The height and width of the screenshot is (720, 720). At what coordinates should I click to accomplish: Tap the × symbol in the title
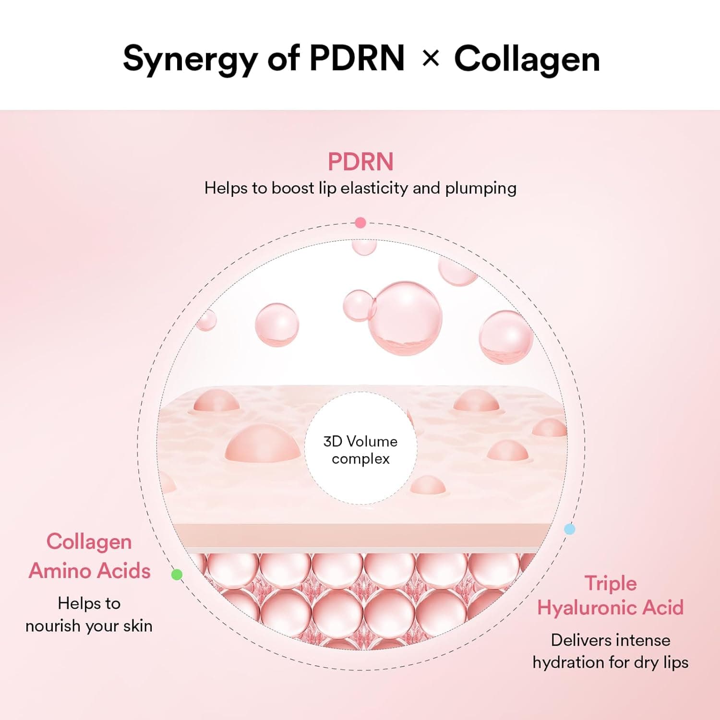[x=431, y=59]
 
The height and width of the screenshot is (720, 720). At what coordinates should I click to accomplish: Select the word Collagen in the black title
[x=527, y=59]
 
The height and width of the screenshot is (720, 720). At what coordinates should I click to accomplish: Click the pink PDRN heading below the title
[x=360, y=162]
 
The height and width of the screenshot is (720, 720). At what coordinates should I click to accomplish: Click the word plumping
[x=480, y=188]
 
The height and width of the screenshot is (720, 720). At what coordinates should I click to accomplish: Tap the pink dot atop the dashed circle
[x=360, y=223]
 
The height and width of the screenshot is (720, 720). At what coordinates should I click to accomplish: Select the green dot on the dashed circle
[x=177, y=574]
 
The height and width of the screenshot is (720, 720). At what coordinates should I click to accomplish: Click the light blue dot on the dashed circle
[x=569, y=529]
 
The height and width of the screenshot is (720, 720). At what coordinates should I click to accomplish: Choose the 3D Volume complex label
[x=360, y=450]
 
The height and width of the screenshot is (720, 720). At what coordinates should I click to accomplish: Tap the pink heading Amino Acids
[x=90, y=571]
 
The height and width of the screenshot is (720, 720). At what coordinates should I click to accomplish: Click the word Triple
[x=611, y=583]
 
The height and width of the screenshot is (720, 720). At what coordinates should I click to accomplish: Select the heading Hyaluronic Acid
[x=611, y=608]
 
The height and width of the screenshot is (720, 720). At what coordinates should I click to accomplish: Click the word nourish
[x=53, y=626]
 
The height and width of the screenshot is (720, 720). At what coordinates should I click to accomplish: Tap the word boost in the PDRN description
[x=292, y=188]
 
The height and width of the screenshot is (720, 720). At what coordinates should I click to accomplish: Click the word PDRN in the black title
[x=357, y=59]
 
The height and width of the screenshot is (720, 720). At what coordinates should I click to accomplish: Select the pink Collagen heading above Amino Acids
[x=89, y=542]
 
